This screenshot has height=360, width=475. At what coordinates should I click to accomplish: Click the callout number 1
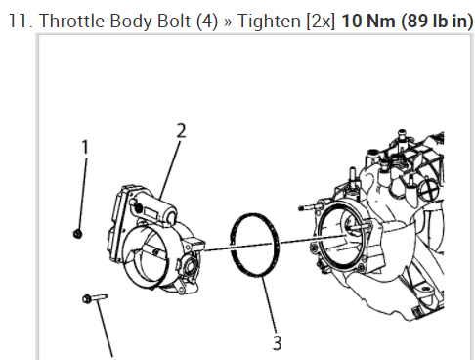click(x=85, y=147)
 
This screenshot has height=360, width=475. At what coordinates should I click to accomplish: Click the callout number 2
click(x=181, y=131)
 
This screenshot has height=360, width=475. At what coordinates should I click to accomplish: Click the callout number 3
click(x=277, y=343)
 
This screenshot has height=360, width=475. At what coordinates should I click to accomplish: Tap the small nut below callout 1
click(x=77, y=234)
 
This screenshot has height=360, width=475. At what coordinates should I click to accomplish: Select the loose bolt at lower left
click(x=95, y=298)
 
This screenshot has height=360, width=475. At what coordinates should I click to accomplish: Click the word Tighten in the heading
click(x=269, y=22)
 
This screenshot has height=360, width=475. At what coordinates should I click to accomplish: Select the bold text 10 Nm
click(x=368, y=21)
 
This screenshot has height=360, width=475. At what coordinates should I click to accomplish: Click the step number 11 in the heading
click(x=20, y=22)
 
